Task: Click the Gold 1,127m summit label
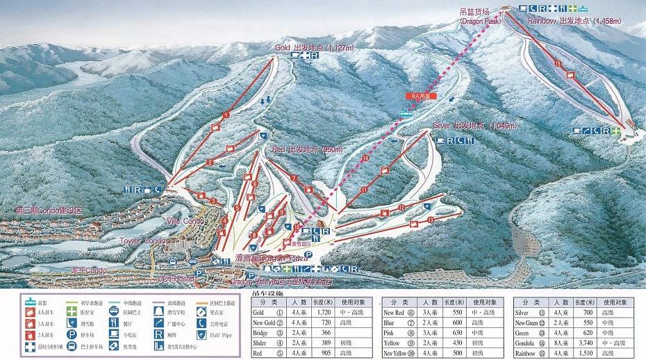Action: click(x=305, y=47)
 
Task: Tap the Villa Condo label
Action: click(x=185, y=221)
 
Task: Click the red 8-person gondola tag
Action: click(x=419, y=95)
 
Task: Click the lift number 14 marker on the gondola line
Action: click(x=365, y=157)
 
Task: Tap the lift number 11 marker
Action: click(x=364, y=188)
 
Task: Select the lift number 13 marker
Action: click(x=431, y=220)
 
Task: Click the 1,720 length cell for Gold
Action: click(x=324, y=313)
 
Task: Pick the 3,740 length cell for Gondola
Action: click(x=586, y=343)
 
